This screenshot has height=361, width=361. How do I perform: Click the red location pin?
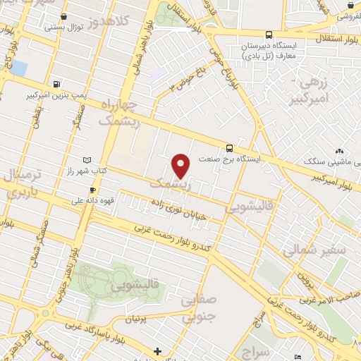tap(181, 165)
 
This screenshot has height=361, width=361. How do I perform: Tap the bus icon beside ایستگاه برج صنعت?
tap(229, 148)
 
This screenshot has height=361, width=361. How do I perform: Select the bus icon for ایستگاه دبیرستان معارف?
tap(268, 34)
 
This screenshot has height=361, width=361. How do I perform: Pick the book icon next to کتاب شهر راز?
tap(87, 161)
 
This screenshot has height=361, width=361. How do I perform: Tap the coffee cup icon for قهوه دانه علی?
tap(92, 190)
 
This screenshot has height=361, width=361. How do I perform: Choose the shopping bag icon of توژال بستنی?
tap(64, 16)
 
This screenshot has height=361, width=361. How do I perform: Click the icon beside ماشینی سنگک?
tap(340, 151)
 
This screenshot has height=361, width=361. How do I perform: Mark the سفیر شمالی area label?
tap(315, 250)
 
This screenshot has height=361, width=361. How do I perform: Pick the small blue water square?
tap(18, 68)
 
